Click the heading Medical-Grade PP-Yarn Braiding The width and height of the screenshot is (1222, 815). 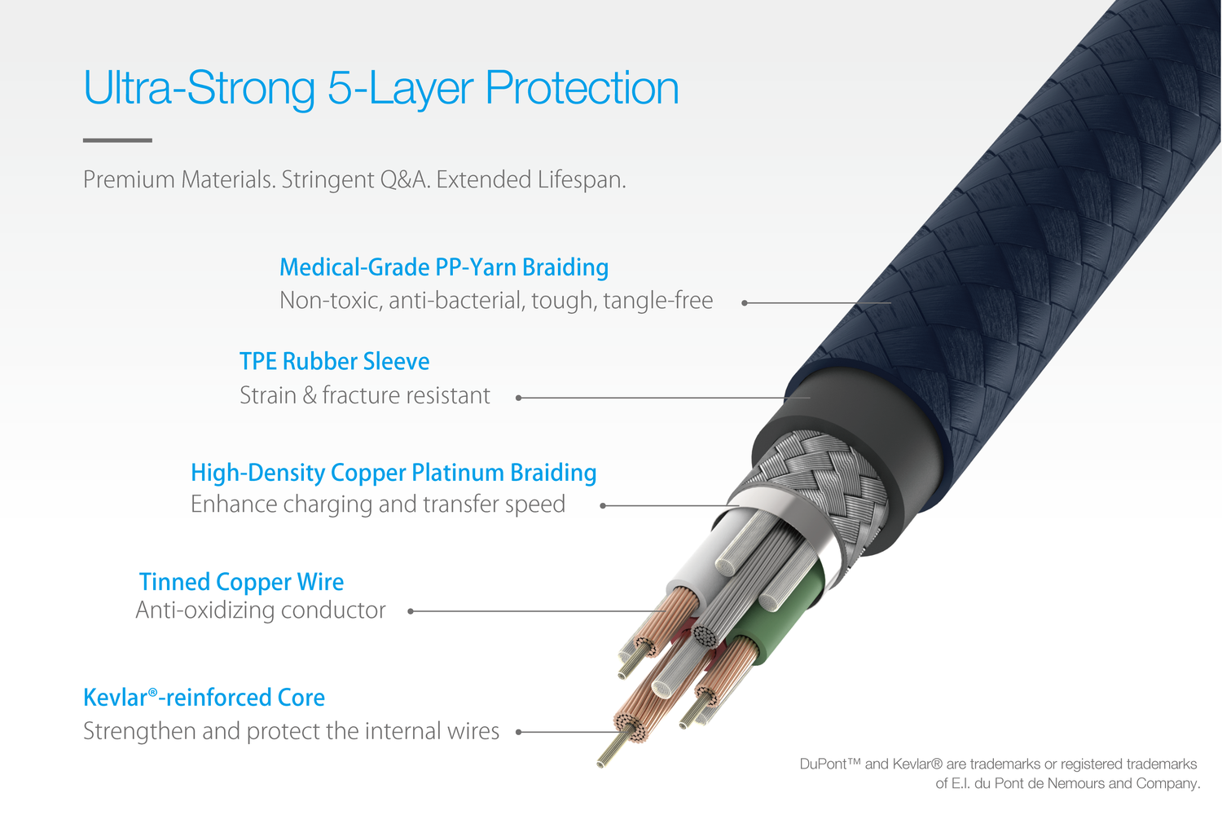(443, 268)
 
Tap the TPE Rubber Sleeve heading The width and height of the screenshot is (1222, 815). (334, 361)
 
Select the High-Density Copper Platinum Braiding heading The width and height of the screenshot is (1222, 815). (393, 473)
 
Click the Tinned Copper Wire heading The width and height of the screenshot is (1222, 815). (241, 582)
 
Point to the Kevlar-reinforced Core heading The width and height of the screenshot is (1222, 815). (204, 698)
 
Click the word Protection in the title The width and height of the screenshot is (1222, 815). (582, 88)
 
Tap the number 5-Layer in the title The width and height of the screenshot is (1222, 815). (400, 89)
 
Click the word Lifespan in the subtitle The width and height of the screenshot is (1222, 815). (581, 180)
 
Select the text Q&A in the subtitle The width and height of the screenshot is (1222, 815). (404, 179)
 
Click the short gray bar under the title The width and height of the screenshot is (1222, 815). (117, 140)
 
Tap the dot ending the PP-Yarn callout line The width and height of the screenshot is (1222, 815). (745, 303)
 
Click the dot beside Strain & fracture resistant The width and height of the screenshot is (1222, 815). (519, 398)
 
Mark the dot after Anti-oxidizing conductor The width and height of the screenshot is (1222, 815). (411, 611)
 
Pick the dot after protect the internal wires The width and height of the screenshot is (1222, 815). (519, 732)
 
